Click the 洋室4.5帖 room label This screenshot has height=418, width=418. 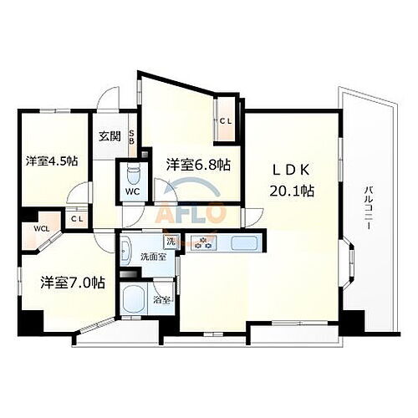point(51,160)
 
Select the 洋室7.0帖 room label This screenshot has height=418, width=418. point(73,282)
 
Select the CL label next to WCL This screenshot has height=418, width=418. point(76,219)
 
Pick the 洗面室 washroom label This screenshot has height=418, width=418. point(151,257)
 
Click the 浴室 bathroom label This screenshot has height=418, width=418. point(161,298)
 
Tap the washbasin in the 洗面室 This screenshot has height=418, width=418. point(127,250)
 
